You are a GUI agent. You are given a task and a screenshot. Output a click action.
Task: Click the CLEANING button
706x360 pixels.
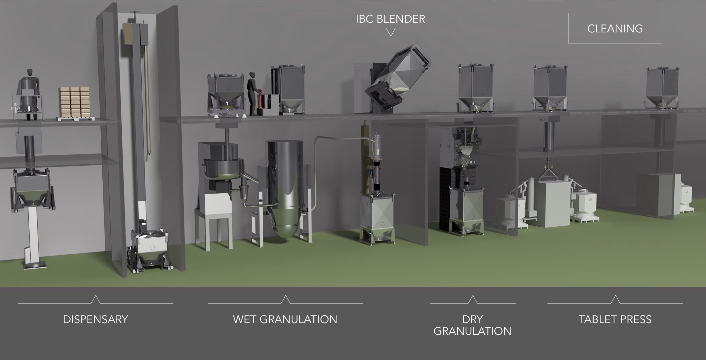(615, 28)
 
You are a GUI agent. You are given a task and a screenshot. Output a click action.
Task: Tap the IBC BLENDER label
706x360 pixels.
(390, 19)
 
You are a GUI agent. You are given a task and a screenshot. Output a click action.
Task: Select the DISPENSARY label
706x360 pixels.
(95, 319)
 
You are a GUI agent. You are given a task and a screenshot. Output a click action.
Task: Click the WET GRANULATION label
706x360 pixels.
(285, 319)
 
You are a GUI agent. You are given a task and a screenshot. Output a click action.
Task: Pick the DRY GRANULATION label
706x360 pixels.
(472, 325)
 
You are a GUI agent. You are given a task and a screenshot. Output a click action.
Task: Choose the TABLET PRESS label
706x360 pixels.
(615, 319)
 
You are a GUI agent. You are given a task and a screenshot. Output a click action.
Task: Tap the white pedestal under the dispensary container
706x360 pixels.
(33, 234)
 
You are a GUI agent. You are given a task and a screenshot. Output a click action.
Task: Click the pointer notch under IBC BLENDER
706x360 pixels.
(391, 32)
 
